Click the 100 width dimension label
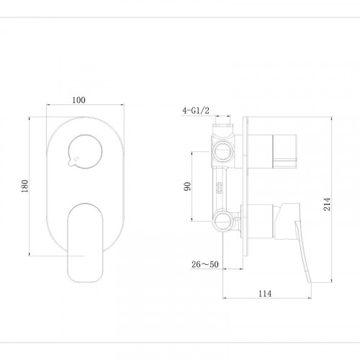pyautogui.click(x=78, y=100)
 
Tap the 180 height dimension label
pyautogui.click(x=25, y=186)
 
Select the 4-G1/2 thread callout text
pyautogui.click(x=196, y=110)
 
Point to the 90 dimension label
pyautogui.click(x=187, y=186)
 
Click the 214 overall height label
pyautogui.click(x=327, y=204)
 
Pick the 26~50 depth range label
pyautogui.click(x=205, y=264)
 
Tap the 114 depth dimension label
pyautogui.click(x=265, y=293)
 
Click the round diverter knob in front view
pyautogui.click(x=85, y=151)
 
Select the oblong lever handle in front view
pyautogui.click(x=85, y=243)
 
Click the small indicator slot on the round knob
pyautogui.click(x=76, y=158)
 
